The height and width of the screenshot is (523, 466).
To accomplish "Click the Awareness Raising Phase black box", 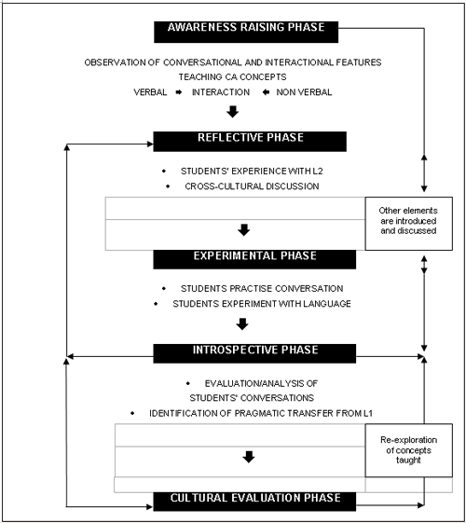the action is pos(246,32).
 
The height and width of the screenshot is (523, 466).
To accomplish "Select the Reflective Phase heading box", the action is pos(250,142).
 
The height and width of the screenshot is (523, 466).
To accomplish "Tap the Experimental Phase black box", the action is pos(254,259).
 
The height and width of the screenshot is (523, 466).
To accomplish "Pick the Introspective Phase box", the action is pos(254,353).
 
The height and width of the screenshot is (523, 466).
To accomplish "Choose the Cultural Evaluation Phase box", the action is pos(254,502).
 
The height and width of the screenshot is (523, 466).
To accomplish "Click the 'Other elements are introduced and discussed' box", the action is pos(408,224).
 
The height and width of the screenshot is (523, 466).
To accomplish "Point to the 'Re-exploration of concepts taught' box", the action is pos(408,450).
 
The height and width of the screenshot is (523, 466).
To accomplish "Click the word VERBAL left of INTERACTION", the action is pos(150,92).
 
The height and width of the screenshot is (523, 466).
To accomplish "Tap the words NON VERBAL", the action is pos(304,92).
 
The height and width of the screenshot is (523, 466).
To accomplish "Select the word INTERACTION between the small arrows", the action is pos(221,92).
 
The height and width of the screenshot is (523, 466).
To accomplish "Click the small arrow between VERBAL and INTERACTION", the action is pos(179,92).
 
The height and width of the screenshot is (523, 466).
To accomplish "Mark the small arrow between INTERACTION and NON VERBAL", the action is pos(266,92).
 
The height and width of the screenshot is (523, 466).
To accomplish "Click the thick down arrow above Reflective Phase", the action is pos(233,112).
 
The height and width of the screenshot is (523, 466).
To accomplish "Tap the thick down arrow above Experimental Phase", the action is pos(244,230).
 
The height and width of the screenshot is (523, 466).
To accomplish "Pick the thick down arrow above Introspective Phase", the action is pos(242,324).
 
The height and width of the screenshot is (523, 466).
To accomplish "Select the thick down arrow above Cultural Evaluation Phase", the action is pos(249,457).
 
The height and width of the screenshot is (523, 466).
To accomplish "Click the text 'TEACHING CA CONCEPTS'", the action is pos(232,77).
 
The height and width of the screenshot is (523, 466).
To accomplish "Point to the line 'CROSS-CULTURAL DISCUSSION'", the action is pos(252,186).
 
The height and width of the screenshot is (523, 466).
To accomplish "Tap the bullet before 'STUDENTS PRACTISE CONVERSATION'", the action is pos(164,288).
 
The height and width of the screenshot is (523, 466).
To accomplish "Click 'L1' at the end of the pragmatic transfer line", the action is pos(368,413).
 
